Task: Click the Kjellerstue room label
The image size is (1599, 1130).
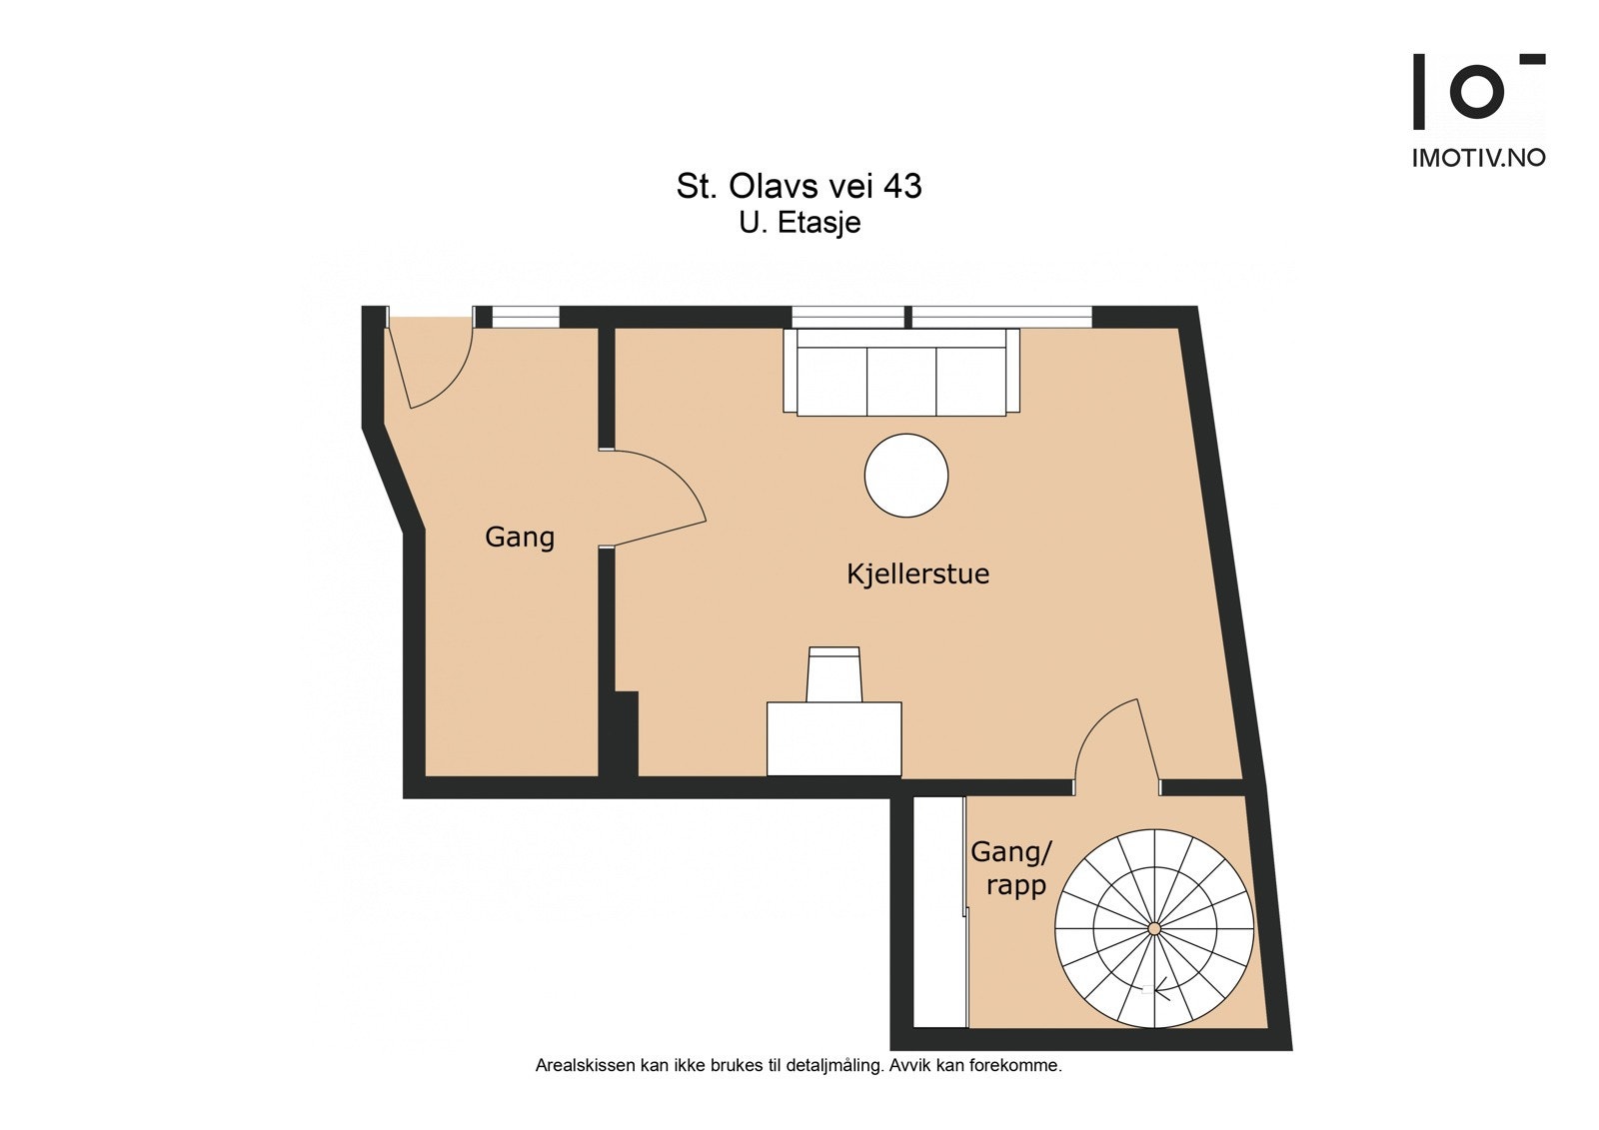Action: tap(917, 573)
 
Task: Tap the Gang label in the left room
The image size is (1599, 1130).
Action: tap(519, 537)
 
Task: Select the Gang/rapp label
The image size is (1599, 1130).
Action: tap(1011, 867)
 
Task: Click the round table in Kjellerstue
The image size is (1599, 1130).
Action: tap(905, 476)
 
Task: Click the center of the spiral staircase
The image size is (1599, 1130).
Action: tap(1153, 929)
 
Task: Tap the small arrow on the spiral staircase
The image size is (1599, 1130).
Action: tap(1159, 992)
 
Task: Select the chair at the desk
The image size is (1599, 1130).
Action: tap(834, 673)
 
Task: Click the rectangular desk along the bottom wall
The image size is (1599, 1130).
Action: tap(833, 738)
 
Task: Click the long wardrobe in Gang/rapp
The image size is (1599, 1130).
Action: tap(939, 911)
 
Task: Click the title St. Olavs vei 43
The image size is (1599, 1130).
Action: tap(799, 186)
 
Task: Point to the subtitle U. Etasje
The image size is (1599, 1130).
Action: tap(799, 222)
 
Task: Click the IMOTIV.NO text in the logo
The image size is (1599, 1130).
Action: tap(1478, 158)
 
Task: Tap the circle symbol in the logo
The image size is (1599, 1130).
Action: tap(1476, 91)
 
